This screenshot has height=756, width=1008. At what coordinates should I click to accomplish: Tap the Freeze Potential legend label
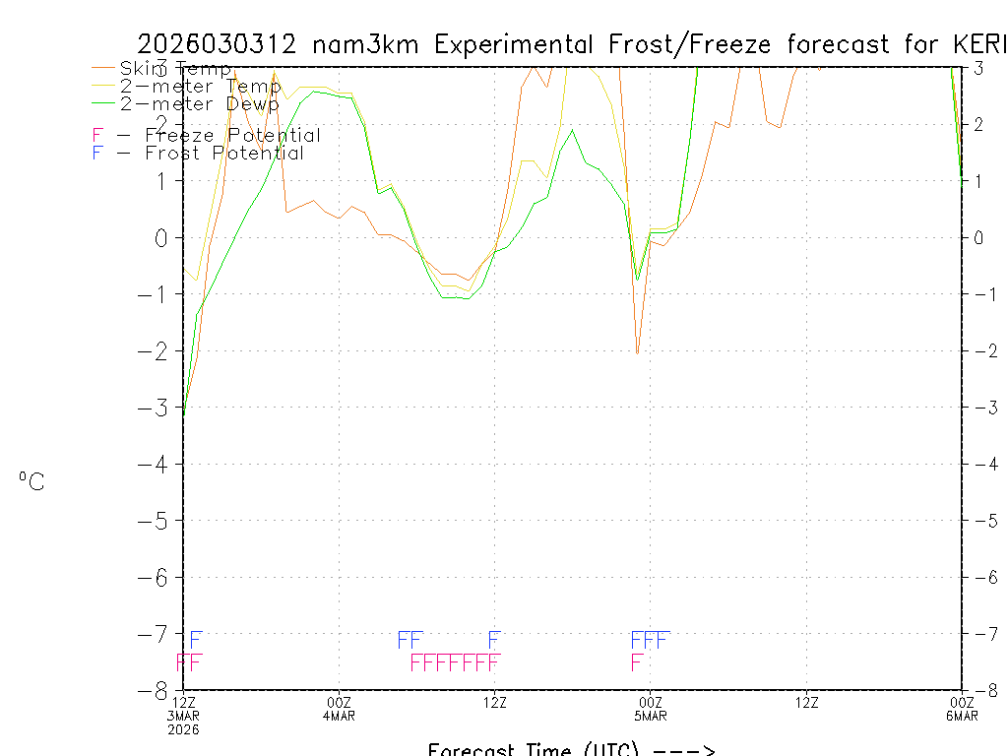pyautogui.click(x=232, y=136)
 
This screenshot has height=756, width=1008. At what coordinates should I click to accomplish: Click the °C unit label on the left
pyautogui.click(x=31, y=481)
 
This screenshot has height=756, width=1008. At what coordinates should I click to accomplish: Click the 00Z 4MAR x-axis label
pyautogui.click(x=340, y=708)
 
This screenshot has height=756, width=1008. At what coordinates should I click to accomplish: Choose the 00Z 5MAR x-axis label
pyautogui.click(x=651, y=708)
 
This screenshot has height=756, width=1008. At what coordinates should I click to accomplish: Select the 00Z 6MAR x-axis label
pyautogui.click(x=962, y=708)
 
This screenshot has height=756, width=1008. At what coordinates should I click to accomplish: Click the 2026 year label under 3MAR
pyautogui.click(x=182, y=729)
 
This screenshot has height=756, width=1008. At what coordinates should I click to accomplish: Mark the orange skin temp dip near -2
pyautogui.click(x=637, y=352)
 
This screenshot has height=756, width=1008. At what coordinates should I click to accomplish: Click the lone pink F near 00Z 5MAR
pyautogui.click(x=637, y=662)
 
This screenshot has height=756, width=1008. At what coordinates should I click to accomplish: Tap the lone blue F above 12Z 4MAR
pyautogui.click(x=494, y=640)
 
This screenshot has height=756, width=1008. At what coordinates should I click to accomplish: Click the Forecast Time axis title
pyautogui.click(x=571, y=749)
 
